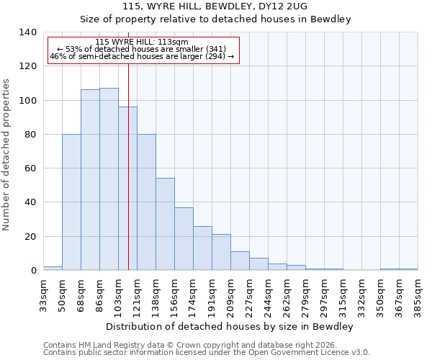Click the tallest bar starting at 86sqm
point(109,179)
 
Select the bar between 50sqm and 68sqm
point(71,202)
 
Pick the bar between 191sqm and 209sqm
point(221,252)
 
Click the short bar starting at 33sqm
point(53,268)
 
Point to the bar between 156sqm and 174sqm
point(184,239)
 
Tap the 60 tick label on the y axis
point(30,168)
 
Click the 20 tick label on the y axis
point(30,236)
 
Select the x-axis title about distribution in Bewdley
point(229,326)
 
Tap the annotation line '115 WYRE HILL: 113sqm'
point(142,42)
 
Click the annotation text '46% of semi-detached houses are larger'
point(142,57)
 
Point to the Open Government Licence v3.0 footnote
point(207,352)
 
